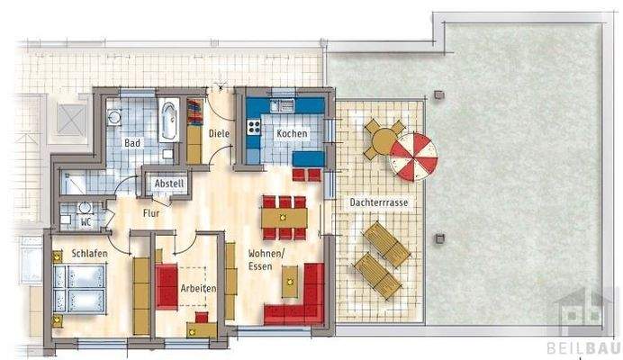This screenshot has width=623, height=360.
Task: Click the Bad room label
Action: [131, 143]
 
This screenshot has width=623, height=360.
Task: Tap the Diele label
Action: [219, 134]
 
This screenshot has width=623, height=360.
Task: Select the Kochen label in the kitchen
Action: [292, 133]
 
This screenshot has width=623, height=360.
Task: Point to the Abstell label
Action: [169, 184]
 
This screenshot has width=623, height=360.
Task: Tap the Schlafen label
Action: [90, 255]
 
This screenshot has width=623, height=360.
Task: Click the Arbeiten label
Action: [197, 290]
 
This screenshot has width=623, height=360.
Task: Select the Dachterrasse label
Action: [378, 203]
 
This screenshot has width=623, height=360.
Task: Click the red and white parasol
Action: [413, 156]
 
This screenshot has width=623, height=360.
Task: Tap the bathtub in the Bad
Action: [169, 121]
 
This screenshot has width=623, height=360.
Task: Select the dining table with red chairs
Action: [285, 216]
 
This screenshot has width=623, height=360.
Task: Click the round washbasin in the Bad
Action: [114, 117]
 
